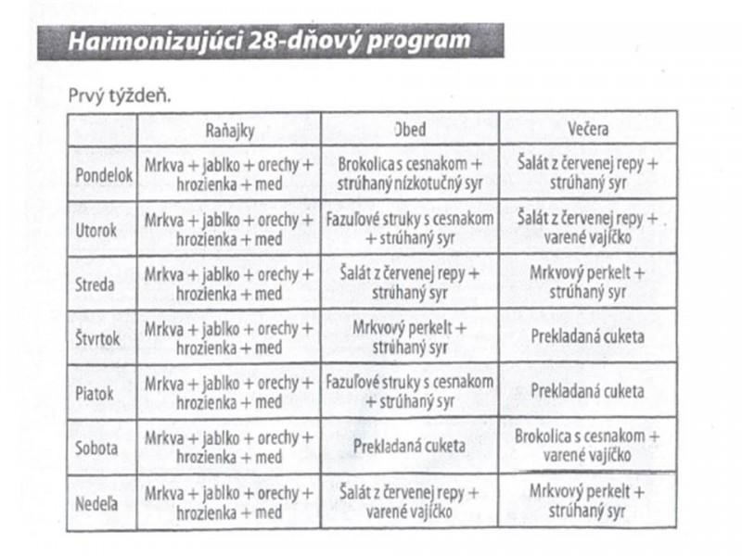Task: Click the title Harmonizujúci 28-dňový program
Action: coord(269,43)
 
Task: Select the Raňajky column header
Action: coord(229,129)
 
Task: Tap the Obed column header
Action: coord(410,129)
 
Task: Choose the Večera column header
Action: coord(587,129)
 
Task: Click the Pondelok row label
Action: coord(103,174)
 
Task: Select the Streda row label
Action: coord(95,284)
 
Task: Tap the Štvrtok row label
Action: coord(97,337)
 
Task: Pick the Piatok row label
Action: coord(95,392)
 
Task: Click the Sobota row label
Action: coord(96,447)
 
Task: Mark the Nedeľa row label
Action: coord(96,501)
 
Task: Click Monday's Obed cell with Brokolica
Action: coord(410,174)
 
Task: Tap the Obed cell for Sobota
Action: coord(410,447)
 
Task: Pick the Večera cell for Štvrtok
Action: coord(587,337)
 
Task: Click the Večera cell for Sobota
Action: coord(587,447)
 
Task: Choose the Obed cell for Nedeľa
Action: coord(410,501)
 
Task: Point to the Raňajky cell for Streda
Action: coord(229,284)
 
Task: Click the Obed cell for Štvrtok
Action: coord(410,337)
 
